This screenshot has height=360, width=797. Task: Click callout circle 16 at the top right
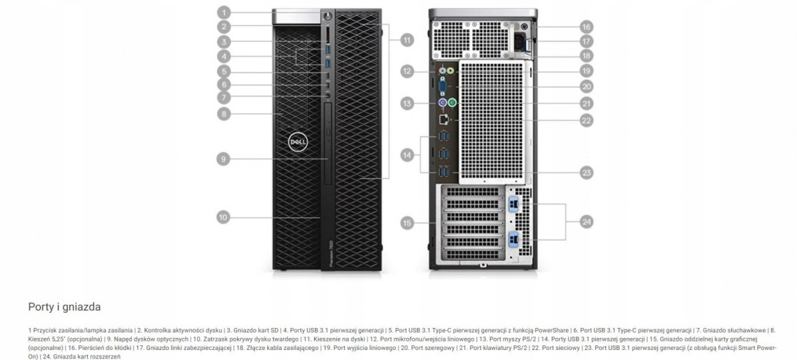(586, 27)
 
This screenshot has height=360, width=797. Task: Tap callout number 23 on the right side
(586, 173)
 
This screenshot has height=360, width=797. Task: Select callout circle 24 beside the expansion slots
(586, 222)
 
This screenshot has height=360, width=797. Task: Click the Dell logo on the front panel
(296, 142)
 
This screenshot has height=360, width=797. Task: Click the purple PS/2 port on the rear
(441, 103)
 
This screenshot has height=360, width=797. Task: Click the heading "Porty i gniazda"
(64, 308)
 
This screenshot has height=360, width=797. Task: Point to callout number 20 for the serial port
(586, 86)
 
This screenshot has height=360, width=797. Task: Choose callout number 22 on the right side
(586, 120)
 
